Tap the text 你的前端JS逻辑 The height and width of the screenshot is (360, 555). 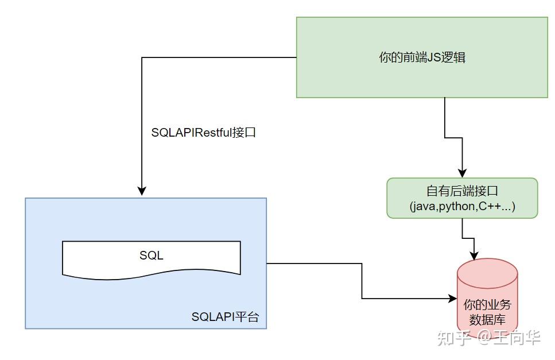coord(422,57)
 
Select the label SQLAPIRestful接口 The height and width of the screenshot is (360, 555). coord(203,133)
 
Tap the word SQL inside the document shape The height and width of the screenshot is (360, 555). coord(151,256)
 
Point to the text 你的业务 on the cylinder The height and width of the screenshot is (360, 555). coord(487,305)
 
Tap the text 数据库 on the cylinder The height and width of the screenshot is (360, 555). coord(487,320)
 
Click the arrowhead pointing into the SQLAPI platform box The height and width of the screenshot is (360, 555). coord(142,192)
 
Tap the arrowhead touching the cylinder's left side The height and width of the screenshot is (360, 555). coord(452,299)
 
